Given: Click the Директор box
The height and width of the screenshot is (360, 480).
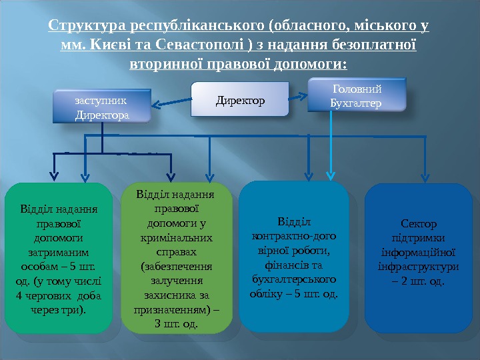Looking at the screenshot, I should tap(240, 100).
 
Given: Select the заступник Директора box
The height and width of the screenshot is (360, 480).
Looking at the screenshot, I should tap(101, 107).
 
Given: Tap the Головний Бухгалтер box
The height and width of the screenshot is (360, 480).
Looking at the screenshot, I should tap(356, 95).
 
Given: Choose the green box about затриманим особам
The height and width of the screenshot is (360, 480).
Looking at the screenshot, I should tap(59, 259).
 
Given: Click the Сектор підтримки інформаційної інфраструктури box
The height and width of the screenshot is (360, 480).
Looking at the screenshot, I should tap(418, 259).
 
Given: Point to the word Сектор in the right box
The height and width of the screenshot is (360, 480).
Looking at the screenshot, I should tap(418, 224).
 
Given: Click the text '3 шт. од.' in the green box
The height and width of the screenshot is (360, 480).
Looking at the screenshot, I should tap(175, 324).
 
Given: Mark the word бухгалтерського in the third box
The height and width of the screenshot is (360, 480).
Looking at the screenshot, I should tap(295, 279).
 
